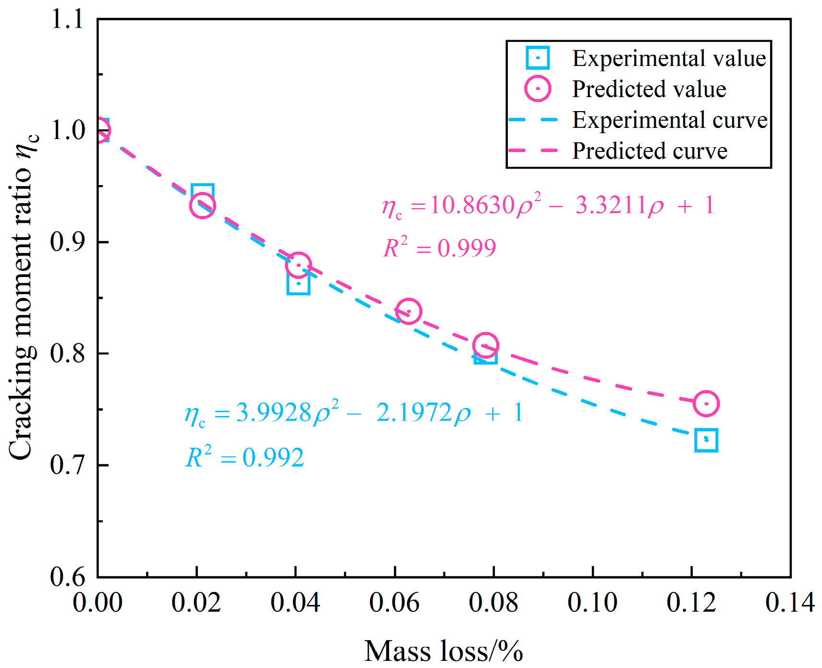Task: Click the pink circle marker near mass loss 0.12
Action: click(x=706, y=403)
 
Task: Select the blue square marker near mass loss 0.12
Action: click(x=706, y=440)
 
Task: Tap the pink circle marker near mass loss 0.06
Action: click(x=408, y=311)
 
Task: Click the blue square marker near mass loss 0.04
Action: click(x=298, y=283)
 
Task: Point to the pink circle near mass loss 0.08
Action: click(x=485, y=345)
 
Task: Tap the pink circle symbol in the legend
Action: click(x=538, y=89)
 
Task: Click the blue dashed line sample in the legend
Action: click(x=533, y=119)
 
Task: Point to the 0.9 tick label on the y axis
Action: click(x=67, y=241)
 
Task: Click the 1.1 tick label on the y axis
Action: click(x=67, y=20)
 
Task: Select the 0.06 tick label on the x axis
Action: click(x=394, y=602)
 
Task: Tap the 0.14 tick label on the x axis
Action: click(x=789, y=602)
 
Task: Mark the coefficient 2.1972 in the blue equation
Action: click(x=414, y=413)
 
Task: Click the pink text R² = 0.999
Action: click(x=440, y=248)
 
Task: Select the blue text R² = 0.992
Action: click(x=245, y=457)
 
